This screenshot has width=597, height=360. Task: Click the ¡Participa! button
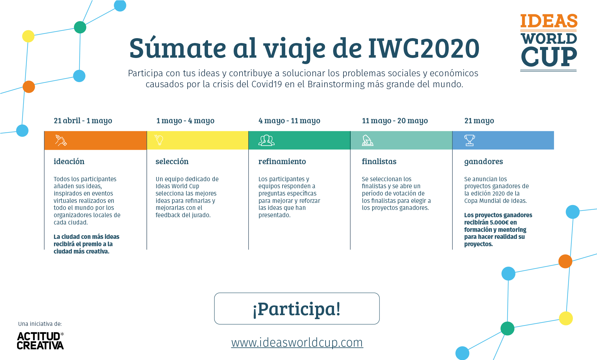297,308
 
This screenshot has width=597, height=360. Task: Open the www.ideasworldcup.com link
297,343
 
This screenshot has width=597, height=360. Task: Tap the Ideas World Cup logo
548,42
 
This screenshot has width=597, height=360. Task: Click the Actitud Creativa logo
40,340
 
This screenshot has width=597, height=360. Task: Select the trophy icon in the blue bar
469,140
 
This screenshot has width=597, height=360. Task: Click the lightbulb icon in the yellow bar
159,140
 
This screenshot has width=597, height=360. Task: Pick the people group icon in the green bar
267,140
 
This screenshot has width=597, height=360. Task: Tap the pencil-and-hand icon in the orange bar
61,140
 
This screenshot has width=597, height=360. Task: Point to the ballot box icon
368,140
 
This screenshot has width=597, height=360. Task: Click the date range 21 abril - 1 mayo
83,121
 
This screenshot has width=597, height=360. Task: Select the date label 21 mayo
479,121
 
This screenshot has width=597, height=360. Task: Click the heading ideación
69,161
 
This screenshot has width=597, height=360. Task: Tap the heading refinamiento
282,161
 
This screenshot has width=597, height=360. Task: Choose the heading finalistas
379,161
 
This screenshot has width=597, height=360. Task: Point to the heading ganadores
484,162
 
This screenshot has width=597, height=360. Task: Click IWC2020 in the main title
424,48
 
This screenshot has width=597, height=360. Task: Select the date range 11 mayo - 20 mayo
395,121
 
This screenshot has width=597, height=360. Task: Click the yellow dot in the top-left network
28,36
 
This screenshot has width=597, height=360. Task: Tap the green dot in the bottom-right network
508,329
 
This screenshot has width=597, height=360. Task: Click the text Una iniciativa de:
40,324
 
